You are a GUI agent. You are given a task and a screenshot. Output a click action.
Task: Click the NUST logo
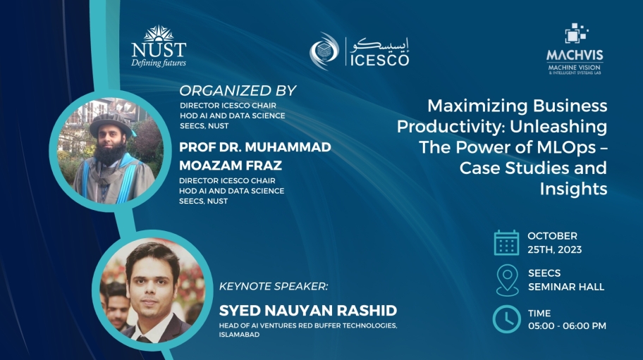click(159, 46)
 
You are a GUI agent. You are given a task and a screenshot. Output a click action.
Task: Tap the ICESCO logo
click(360, 51)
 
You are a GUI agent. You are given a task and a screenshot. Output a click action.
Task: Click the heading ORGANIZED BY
click(238, 91)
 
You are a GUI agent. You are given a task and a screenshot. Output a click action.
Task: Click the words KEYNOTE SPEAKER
click(274, 288)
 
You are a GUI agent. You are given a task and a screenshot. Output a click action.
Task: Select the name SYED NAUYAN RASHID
click(308, 311)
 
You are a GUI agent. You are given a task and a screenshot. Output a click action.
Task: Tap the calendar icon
click(506, 242)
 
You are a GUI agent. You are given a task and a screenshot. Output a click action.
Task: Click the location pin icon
click(506, 280)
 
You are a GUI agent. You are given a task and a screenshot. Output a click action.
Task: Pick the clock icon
click(506, 319)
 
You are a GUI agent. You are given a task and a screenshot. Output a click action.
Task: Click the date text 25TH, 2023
click(555, 249)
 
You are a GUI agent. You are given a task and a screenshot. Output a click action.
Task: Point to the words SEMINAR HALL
click(566, 287)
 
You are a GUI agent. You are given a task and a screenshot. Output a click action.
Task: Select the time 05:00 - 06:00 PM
click(567, 325)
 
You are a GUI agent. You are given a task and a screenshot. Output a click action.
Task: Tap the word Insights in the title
click(573, 189)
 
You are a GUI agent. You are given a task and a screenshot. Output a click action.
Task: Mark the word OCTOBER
click(552, 236)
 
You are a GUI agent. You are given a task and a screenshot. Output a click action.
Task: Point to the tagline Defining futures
click(159, 63)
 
